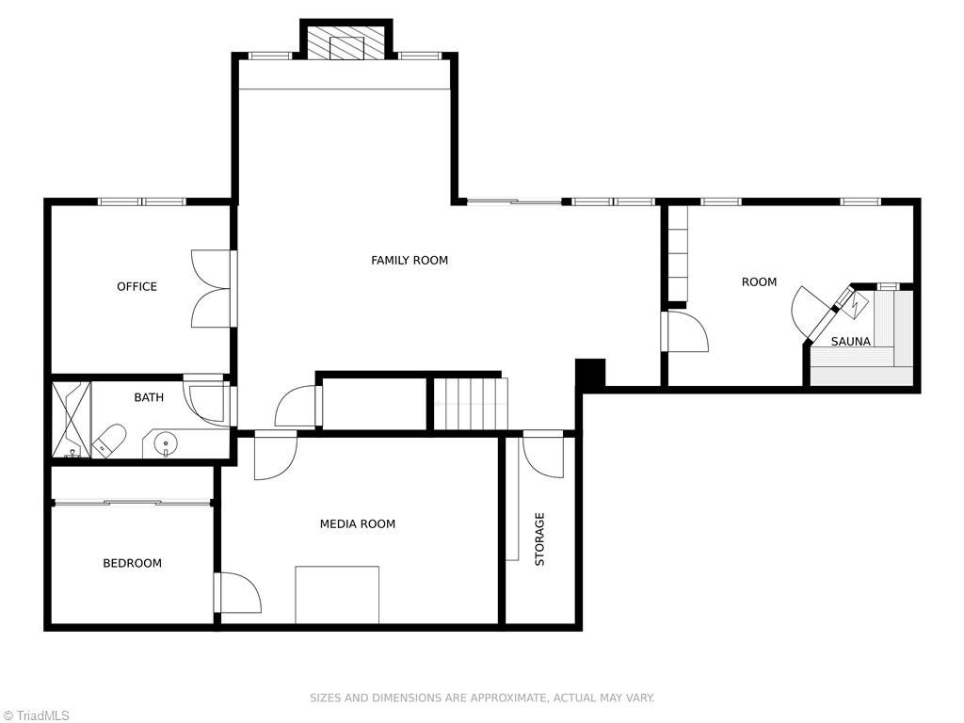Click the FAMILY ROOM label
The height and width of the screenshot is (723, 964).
(410, 260)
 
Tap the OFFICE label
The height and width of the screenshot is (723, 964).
(137, 286)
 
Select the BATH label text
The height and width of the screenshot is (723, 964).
(149, 397)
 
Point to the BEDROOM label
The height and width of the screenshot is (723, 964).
(132, 563)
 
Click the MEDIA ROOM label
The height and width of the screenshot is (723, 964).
(357, 523)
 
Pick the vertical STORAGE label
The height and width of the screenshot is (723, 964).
(539, 539)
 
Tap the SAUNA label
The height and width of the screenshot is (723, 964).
(851, 341)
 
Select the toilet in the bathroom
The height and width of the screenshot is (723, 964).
(109, 441)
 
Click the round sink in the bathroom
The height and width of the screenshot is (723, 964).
(166, 442)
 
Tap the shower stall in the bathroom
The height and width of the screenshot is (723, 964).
(72, 420)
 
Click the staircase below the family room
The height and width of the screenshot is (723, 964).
(472, 404)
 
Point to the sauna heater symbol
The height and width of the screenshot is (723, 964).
(855, 305)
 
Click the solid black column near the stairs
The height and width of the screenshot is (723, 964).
(591, 373)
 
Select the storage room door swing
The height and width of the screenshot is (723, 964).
(543, 455)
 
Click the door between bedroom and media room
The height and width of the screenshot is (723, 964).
(238, 593)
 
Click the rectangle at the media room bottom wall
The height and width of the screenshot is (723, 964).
(337, 595)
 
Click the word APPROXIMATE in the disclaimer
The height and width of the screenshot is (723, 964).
(507, 698)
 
